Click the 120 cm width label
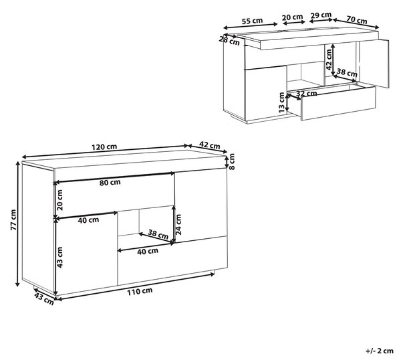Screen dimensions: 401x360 104,147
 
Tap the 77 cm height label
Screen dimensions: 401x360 13,220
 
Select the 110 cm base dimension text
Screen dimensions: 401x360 140,291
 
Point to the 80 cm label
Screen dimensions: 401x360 110,183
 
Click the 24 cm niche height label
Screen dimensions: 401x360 178,225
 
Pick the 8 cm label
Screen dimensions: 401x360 231,161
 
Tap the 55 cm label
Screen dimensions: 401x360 252,21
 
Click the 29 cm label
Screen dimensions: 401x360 320,15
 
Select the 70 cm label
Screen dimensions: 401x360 357,19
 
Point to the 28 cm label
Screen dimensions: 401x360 229,41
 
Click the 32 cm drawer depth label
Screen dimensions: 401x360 307,94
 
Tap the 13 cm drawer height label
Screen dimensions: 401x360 281,102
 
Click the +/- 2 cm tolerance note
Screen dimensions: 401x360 380,351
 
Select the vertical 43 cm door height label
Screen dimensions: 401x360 59,257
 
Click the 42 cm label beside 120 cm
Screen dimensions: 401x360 210,145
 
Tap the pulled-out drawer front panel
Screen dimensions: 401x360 338,103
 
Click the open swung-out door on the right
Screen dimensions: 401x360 374,64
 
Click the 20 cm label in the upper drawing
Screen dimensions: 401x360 292,17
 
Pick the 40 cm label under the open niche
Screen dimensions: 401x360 148,252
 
